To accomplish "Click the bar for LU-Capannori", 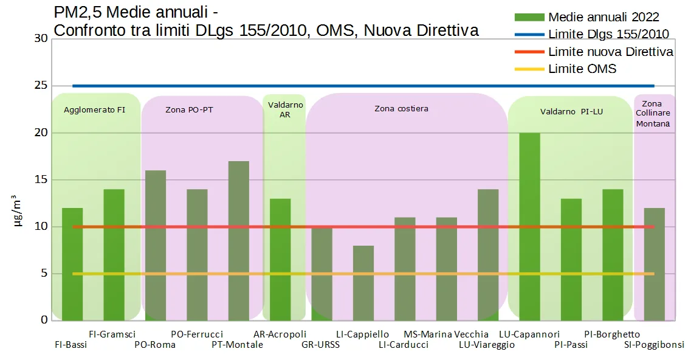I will pyautogui.click(x=529, y=226).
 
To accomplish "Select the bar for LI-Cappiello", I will pyautogui.click(x=363, y=283).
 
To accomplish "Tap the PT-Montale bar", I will pyautogui.click(x=239, y=241).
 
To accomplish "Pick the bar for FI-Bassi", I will pyautogui.click(x=72, y=264).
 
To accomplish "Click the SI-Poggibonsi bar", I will pyautogui.click(x=654, y=264).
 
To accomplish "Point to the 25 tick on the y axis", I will pyautogui.click(x=41, y=86).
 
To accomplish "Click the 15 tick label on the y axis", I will pyautogui.click(x=41, y=179).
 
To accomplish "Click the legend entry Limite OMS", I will pyautogui.click(x=582, y=69).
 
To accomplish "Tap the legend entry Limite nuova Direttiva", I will pyautogui.click(x=610, y=52).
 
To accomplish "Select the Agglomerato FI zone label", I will pyautogui.click(x=94, y=110).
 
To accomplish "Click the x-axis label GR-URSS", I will pyautogui.click(x=320, y=345).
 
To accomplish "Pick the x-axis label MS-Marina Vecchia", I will pyautogui.click(x=445, y=334).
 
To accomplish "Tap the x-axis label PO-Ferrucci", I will pyautogui.click(x=197, y=334).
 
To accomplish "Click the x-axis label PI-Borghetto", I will pyautogui.click(x=612, y=334).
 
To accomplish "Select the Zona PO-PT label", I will pyautogui.click(x=189, y=110).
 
